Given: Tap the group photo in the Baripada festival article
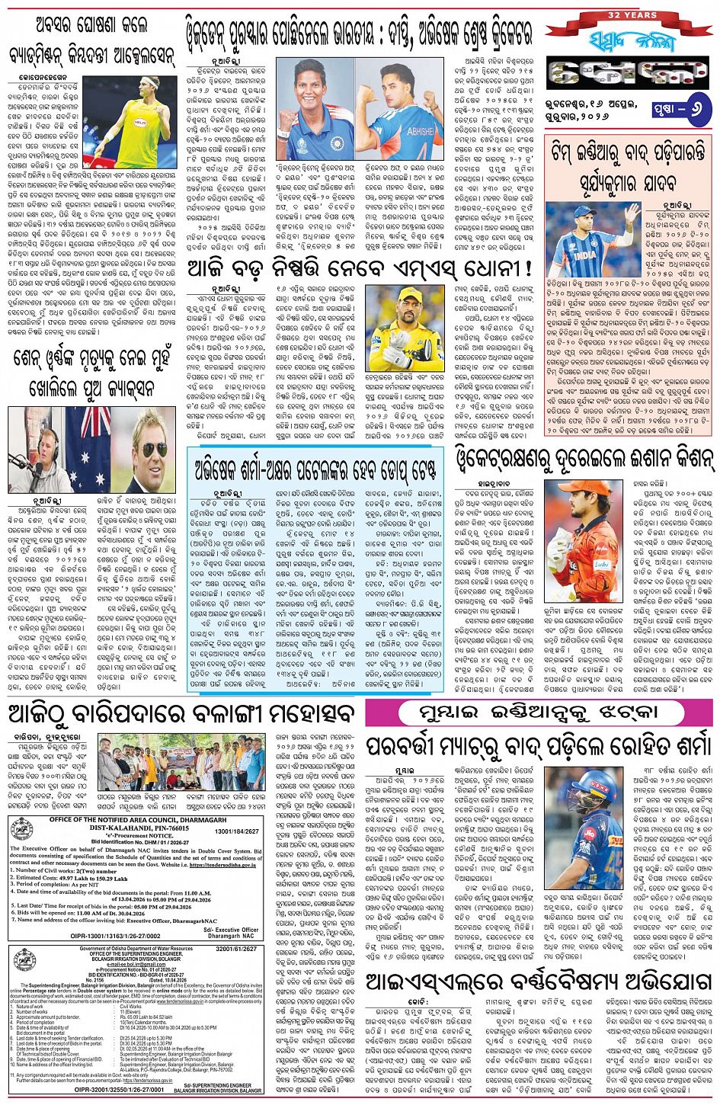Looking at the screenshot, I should pos(181,763).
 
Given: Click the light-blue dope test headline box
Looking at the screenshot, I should pos(315,465).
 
